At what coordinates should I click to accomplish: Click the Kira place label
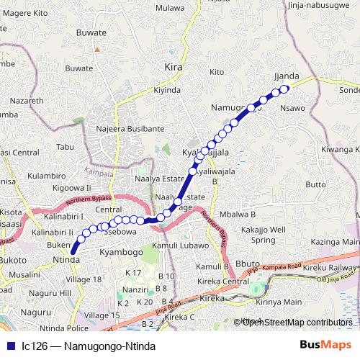click(x=174, y=67)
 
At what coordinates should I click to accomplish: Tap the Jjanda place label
click(x=286, y=76)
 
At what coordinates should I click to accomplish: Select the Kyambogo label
click(x=122, y=254)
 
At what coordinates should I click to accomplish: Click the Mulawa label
click(x=170, y=9)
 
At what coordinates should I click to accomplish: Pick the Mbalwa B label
click(x=238, y=215)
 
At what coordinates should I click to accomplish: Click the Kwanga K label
click(x=341, y=150)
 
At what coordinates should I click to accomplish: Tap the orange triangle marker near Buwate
click(x=96, y=50)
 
